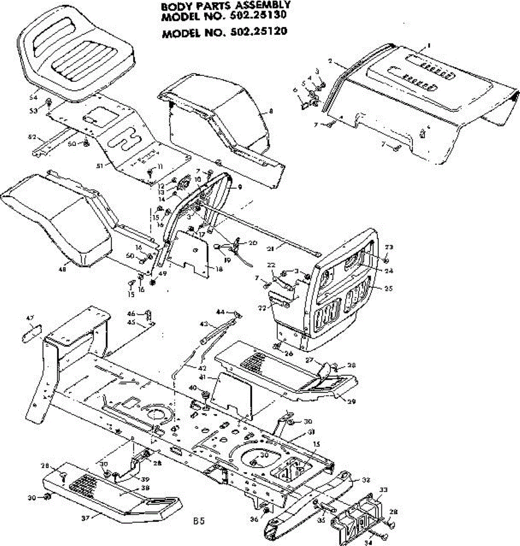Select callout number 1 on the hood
[x=428, y=45]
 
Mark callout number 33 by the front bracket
[x=384, y=490]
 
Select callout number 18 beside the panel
[x=219, y=269]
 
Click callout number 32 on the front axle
[x=366, y=479]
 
